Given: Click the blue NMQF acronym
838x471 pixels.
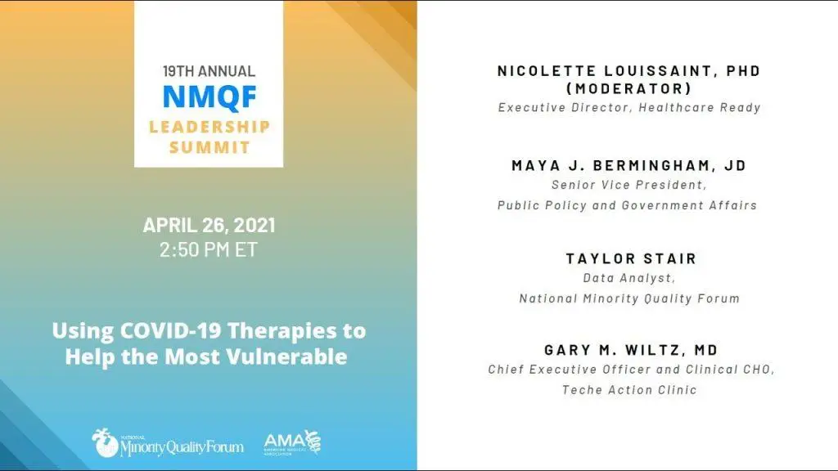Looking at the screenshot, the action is (209, 97).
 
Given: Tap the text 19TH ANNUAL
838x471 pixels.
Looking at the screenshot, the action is (209, 71).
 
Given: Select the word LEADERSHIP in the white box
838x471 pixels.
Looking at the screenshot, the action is (209, 127).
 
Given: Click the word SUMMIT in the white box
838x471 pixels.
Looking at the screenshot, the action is (209, 147).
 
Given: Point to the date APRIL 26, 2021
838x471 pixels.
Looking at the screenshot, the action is (209, 225).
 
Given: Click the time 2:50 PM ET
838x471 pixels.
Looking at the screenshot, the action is (209, 249).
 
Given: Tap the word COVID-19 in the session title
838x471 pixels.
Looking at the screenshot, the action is (170, 330).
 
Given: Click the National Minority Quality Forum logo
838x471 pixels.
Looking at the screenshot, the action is (167, 442).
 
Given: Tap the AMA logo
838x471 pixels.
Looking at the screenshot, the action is (292, 442).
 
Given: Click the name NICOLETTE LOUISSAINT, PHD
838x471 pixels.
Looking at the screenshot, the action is (629, 71).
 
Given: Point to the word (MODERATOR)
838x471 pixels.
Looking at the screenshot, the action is (629, 88).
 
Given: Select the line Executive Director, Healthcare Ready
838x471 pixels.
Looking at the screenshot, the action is (629, 107).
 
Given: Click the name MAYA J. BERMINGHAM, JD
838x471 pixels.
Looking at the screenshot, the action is (629, 165).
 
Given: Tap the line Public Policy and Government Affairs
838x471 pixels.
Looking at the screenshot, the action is (628, 205).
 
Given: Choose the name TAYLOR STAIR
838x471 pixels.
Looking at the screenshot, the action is (631, 258).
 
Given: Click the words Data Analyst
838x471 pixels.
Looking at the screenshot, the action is (628, 278).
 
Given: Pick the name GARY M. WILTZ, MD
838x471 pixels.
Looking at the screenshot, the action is (631, 350).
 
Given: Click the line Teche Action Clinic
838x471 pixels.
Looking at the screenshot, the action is (629, 390).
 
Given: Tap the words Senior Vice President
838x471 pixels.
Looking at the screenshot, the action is (628, 185).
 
